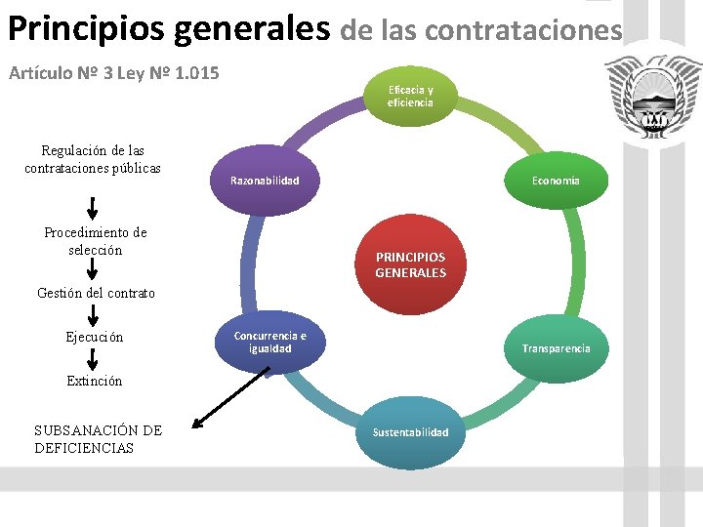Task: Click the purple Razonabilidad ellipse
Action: pos(265,181)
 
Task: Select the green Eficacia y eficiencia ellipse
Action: pos(410,96)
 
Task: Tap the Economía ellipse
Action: pos(556,181)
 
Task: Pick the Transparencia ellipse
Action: pos(556,348)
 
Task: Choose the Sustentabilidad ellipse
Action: pos(410,432)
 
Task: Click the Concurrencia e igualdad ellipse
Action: pos(269,343)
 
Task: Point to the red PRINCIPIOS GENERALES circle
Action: pos(410,264)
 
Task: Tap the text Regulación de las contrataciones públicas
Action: pos(93,159)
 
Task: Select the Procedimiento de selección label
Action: pos(96,241)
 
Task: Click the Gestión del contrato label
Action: pos(96,293)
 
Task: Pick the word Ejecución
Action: pos(95,338)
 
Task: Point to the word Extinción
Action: pos(95,382)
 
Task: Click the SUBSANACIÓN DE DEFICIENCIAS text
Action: pos(98,439)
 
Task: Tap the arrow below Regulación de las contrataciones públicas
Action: pos(93,207)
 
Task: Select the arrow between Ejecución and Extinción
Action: pos(94,359)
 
